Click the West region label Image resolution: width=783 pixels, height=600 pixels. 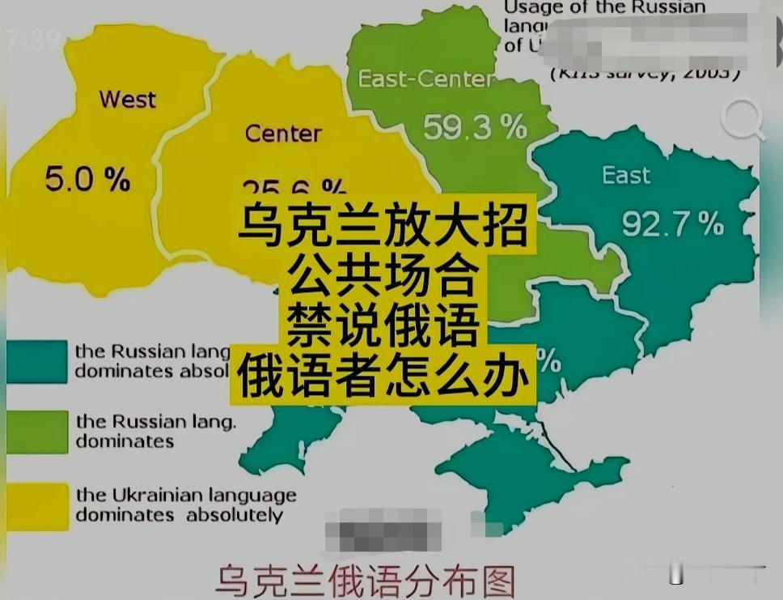[128, 100]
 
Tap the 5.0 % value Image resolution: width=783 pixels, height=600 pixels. [87, 179]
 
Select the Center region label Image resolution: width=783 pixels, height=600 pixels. [283, 133]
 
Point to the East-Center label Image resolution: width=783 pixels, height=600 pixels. [425, 79]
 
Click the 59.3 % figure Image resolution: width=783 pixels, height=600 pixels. [475, 126]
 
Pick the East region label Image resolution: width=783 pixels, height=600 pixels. [626, 175]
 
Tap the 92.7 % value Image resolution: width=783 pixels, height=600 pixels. [672, 224]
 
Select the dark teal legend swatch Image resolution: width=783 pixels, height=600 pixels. [36, 361]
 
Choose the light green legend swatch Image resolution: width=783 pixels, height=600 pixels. [36, 431]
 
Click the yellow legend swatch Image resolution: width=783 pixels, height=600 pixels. [36, 504]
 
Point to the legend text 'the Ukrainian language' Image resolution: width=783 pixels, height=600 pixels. [186, 495]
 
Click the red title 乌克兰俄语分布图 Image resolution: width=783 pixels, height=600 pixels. [365, 581]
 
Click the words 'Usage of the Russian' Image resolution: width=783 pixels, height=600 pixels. [605, 8]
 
